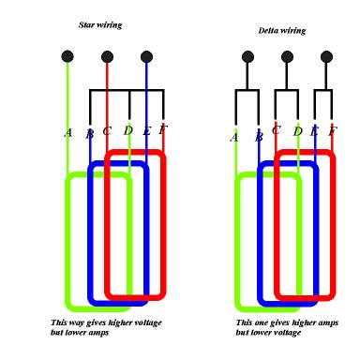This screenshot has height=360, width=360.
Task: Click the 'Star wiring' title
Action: point(100,25)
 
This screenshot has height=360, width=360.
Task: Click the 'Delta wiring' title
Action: point(282,31)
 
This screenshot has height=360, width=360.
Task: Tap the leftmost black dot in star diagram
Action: point(67,57)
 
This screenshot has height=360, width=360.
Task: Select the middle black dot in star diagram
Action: point(107,57)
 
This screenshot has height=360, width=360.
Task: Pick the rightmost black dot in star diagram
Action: point(146,57)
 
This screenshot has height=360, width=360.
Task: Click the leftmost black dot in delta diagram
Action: point(247,57)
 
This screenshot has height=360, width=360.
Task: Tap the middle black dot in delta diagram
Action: point(287,57)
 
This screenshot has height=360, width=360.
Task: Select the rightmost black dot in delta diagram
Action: point(326,57)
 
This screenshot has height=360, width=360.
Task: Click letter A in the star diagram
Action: point(68,133)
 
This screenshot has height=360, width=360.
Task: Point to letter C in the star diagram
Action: point(107,131)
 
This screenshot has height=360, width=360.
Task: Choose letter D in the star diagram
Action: point(127,130)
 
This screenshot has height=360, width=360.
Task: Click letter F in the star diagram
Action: point(163,129)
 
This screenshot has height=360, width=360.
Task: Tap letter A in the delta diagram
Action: point(234,137)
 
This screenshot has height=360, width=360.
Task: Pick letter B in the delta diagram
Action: point(259,137)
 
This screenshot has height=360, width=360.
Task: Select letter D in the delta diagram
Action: point(298,131)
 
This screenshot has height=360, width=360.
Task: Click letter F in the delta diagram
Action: point(333,131)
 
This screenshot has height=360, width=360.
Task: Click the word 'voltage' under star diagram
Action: point(148,322)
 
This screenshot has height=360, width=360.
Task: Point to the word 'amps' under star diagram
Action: point(98,333)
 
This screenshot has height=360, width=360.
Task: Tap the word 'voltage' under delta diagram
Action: point(287,333)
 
